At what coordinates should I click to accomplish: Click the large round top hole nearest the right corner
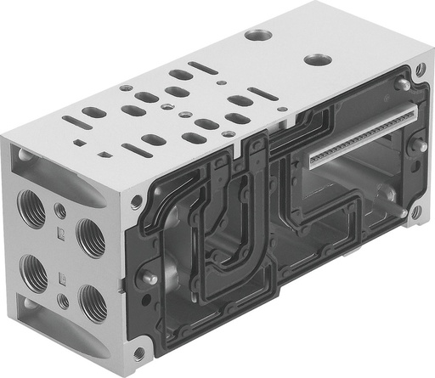(x=319, y=60)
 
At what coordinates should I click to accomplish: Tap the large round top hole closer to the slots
(x=257, y=36)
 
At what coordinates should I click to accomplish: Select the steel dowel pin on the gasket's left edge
(x=149, y=277)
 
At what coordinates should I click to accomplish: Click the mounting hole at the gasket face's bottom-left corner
(x=138, y=351)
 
